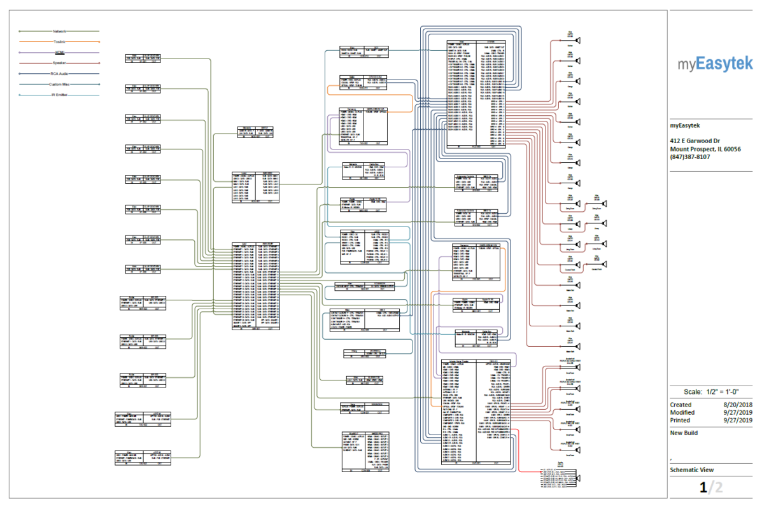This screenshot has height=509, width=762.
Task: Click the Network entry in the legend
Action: tap(59, 31)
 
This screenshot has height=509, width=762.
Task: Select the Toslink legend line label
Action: tap(59, 42)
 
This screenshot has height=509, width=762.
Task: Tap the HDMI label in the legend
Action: tap(59, 52)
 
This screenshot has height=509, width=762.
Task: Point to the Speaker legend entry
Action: tap(59, 63)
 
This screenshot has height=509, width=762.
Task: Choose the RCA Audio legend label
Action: tap(59, 74)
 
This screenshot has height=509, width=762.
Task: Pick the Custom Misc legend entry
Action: tap(59, 84)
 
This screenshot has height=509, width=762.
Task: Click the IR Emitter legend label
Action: tap(59, 95)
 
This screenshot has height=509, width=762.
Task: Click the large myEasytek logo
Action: tap(714, 64)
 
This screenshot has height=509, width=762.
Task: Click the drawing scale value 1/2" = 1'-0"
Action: tap(721, 391)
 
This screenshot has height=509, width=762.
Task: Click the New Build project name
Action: tap(684, 433)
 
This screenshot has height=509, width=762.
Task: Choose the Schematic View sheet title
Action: tap(691, 470)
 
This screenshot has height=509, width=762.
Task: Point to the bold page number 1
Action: tap(703, 488)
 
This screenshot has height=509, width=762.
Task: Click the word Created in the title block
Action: tap(680, 404)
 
